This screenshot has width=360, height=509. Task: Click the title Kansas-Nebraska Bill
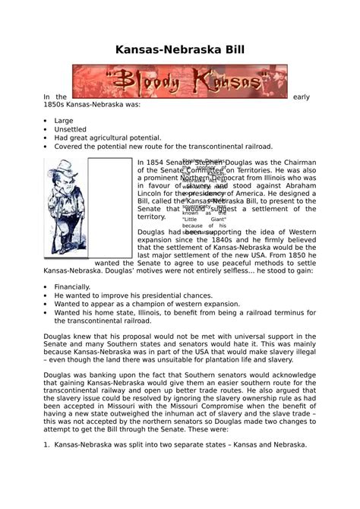pos(179,51)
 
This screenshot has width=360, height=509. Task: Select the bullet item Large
pos(64,120)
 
